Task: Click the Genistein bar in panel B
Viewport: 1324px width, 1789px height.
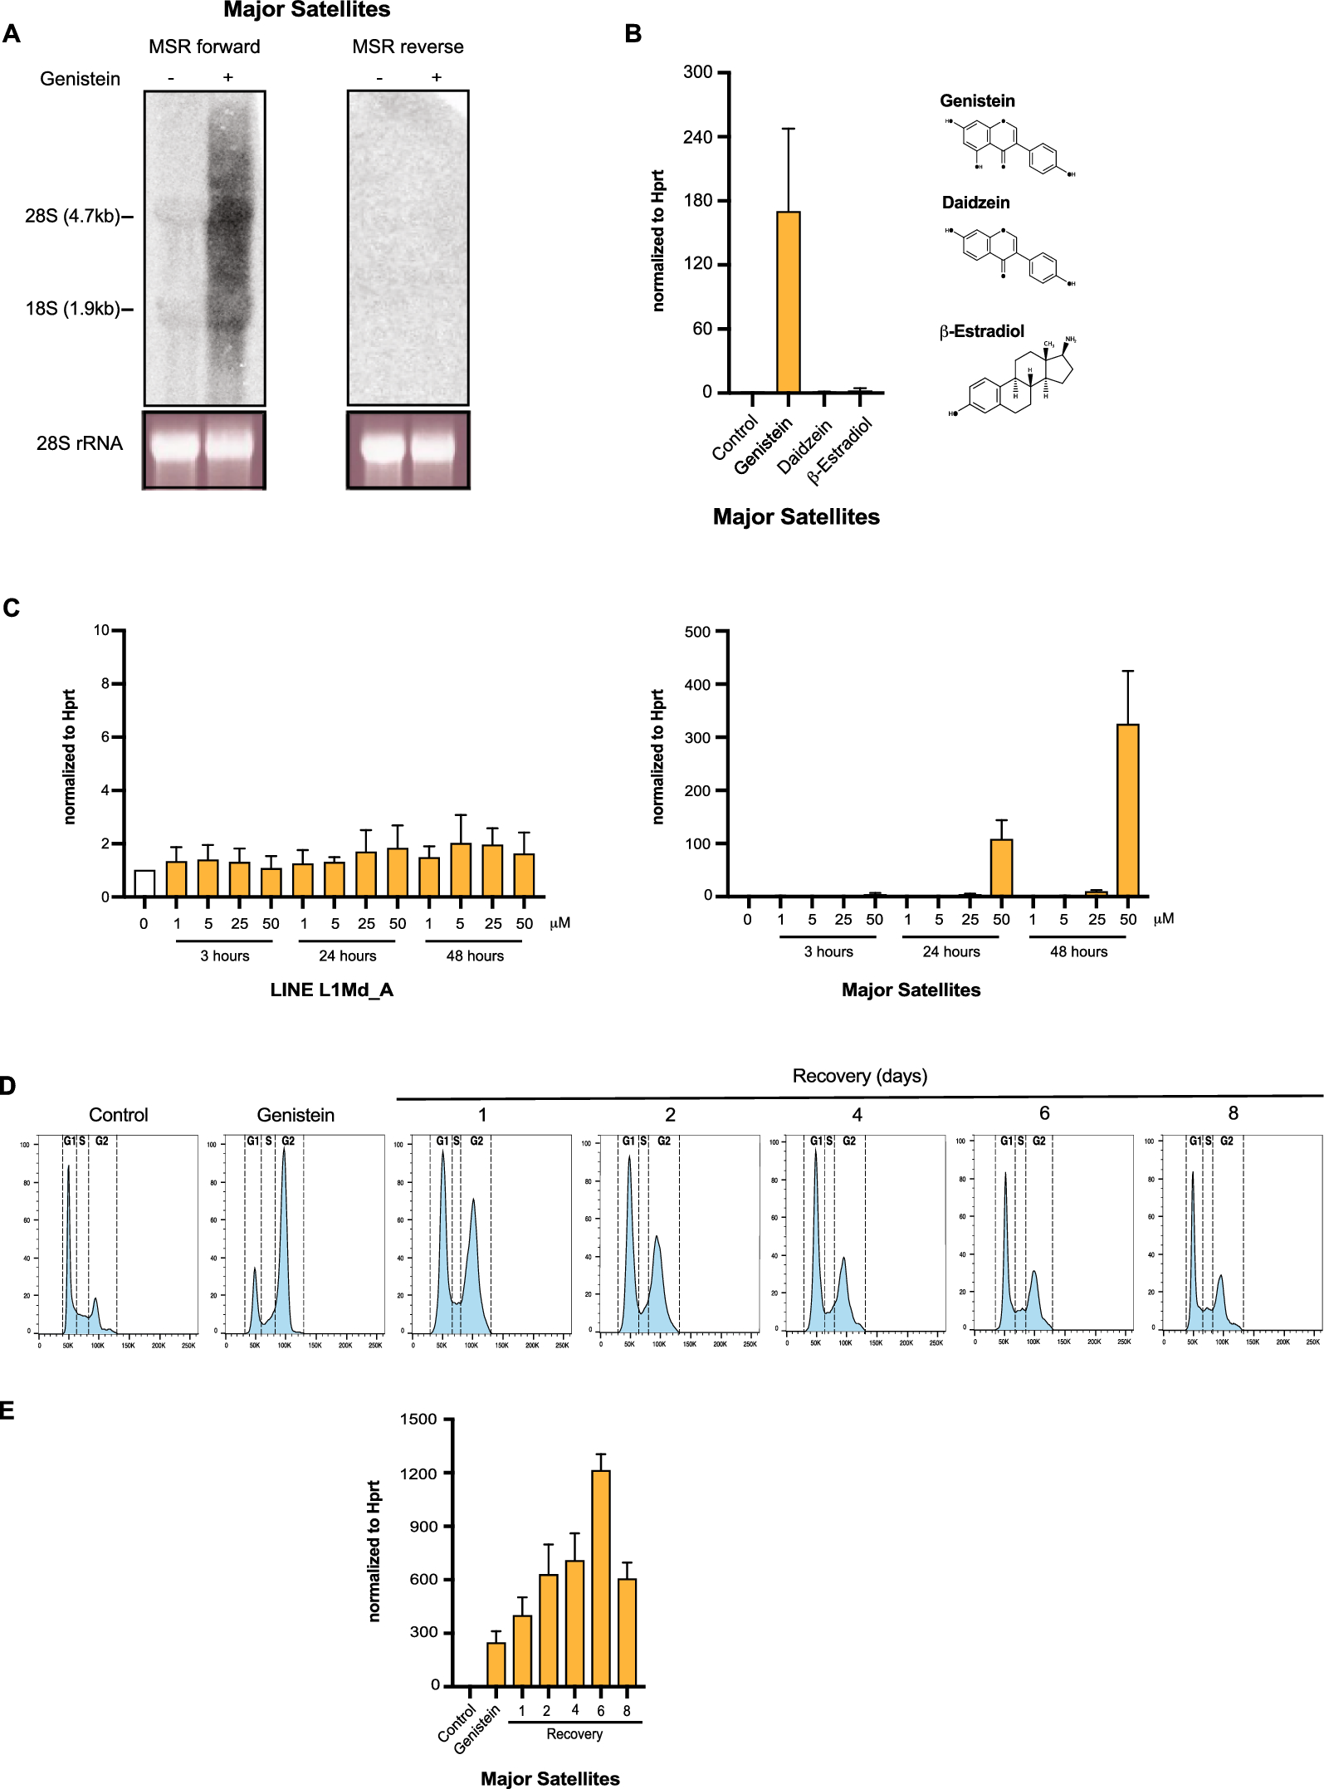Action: click(788, 302)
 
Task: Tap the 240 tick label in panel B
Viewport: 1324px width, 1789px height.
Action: click(698, 137)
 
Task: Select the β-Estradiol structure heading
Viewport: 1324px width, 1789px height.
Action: click(981, 331)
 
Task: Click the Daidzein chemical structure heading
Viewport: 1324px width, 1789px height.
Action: click(975, 203)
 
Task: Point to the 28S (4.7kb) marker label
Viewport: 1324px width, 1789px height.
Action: click(73, 217)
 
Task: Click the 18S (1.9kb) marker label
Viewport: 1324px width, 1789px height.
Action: click(73, 309)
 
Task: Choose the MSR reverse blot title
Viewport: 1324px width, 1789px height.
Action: click(408, 46)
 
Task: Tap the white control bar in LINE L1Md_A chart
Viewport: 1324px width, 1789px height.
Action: click(144, 883)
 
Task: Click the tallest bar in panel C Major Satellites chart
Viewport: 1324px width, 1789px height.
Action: click(1127, 809)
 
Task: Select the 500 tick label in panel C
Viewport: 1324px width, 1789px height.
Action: click(697, 632)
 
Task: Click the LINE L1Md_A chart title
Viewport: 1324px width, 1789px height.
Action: click(331, 990)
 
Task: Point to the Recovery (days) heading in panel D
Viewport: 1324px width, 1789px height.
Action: click(859, 1076)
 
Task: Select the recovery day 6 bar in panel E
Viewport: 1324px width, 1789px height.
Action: click(600, 1577)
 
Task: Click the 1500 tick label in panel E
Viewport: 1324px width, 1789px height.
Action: click(418, 1419)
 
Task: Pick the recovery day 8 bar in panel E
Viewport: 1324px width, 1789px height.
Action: click(627, 1631)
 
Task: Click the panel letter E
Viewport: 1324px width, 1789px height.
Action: click(7, 1410)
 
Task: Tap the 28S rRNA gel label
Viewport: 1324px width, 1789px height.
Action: click(80, 443)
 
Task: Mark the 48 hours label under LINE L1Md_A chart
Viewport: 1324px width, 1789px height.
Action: click(475, 956)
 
